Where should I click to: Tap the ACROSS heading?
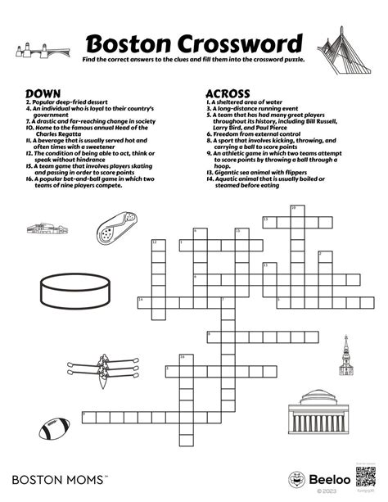click(x=228, y=93)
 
